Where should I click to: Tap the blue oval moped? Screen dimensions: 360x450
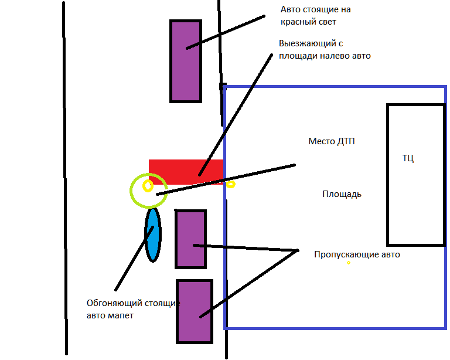152,235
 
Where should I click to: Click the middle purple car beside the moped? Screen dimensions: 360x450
190,239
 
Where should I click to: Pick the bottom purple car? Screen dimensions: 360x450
194,311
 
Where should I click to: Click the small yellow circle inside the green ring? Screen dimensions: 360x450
148,186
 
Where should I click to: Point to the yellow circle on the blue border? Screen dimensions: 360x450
231,184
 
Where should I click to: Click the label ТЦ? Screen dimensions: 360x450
408,158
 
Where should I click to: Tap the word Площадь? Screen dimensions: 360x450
342,194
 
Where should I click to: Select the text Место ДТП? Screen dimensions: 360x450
332,141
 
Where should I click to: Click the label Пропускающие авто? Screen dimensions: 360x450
357,254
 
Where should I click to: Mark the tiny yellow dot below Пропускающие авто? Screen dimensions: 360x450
348,263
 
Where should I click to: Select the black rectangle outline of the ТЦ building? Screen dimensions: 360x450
387,176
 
